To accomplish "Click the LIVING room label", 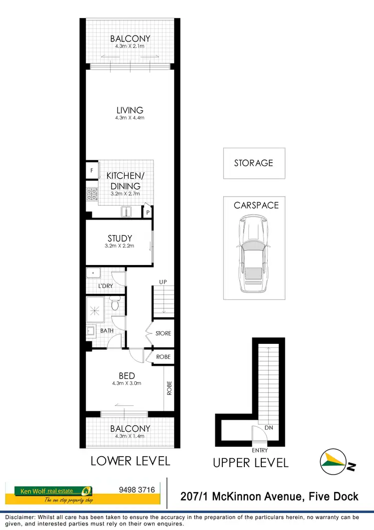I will [130, 110].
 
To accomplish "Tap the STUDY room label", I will [120, 239].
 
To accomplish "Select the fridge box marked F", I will [92, 170].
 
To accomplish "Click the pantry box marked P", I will [148, 213].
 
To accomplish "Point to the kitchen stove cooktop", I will [92, 193].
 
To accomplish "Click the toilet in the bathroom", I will [116, 303].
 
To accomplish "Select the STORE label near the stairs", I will [163, 333].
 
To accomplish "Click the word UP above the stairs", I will [163, 282].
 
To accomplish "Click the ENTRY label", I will [260, 450].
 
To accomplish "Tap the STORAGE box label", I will [254, 163].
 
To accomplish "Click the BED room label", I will [127, 376].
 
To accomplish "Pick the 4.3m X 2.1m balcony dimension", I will [130, 46].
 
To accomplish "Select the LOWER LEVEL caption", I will [131, 461].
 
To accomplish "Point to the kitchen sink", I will [127, 212].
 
